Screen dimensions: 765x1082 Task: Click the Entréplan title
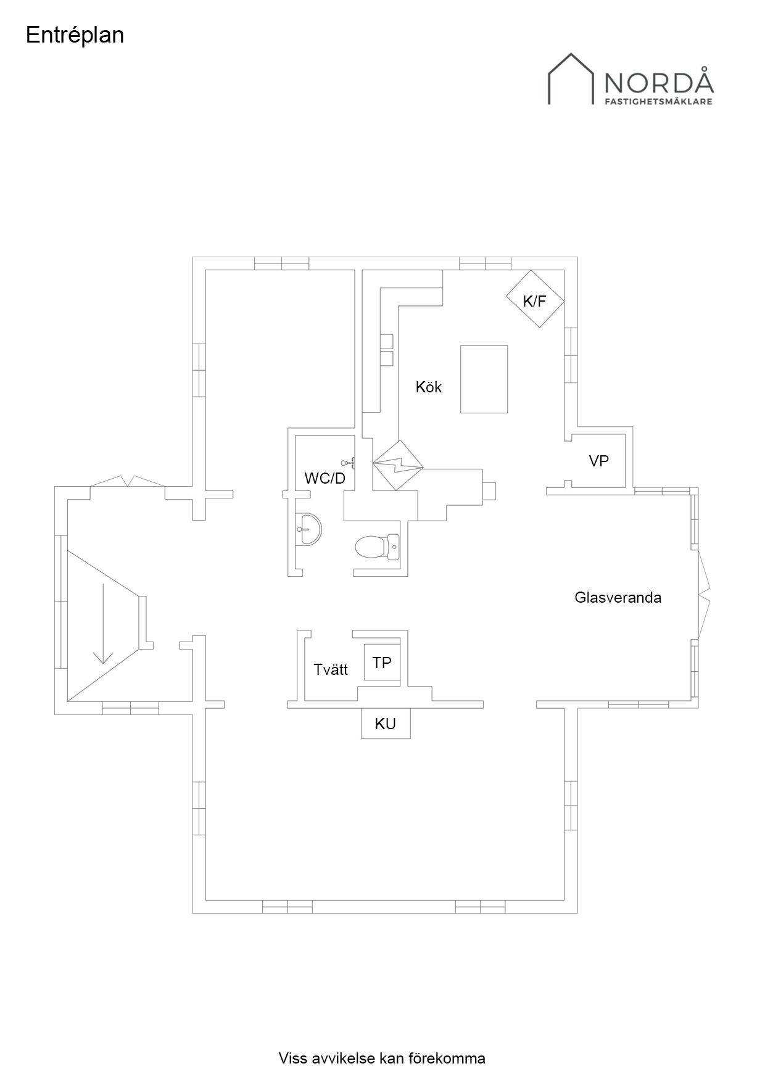coord(75,36)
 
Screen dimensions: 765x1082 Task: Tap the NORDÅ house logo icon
coord(571,78)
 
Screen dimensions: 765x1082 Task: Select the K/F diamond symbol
coord(535,299)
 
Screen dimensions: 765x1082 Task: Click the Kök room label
coord(429,387)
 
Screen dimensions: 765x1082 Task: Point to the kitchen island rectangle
coord(484,379)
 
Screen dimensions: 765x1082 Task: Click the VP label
coord(599,461)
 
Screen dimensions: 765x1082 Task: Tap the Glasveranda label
coord(618,597)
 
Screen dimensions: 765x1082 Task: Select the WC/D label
coord(325,478)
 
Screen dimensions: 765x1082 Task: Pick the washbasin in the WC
coord(308,529)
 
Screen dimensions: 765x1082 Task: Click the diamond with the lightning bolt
coord(399,465)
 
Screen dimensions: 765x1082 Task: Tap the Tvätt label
coord(331,669)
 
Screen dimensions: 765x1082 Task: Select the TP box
coord(382,663)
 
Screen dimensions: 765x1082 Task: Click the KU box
coord(386,723)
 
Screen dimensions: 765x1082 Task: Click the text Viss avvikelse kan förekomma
coord(382,1059)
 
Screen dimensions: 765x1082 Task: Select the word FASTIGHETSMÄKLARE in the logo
coord(658,101)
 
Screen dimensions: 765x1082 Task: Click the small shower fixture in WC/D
coord(349,462)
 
